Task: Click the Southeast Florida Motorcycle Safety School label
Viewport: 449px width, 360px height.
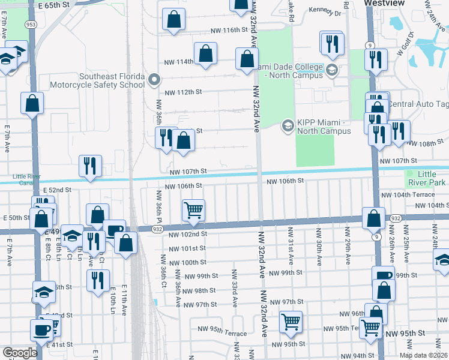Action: coord(112,80)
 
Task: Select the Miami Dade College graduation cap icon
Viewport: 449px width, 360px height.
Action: coord(331,71)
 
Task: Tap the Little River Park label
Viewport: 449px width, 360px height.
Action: coord(427,178)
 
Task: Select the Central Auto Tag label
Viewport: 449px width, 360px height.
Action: coord(418,104)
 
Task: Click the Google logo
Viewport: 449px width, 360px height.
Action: coord(20,353)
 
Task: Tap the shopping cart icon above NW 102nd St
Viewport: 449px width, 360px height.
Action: coord(193,211)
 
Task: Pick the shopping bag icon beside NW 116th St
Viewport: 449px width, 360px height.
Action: coord(173,19)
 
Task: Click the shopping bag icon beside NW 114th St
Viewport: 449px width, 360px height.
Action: coord(205,53)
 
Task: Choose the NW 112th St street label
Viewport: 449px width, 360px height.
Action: coord(184,92)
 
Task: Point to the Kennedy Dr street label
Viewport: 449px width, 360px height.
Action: coord(325,11)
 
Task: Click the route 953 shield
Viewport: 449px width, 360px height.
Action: coord(29,24)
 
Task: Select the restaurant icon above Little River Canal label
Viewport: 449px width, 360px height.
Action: coord(90,166)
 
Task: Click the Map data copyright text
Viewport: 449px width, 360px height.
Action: coord(424,355)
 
